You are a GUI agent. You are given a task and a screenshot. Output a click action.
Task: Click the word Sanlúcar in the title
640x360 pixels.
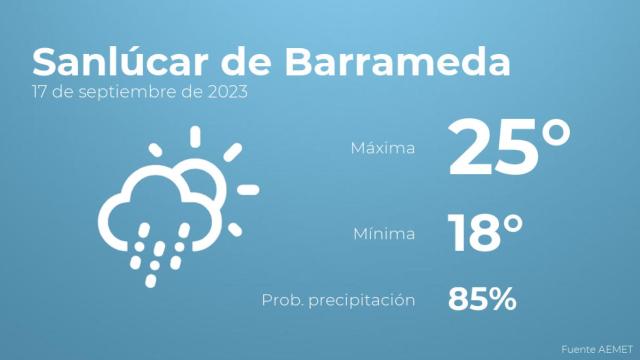tap(114, 61)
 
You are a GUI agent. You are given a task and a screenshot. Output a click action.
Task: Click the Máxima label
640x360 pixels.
tap(383, 148)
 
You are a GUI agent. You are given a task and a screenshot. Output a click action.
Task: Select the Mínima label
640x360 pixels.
tap(384, 235)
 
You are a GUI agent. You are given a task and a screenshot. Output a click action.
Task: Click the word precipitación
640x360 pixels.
tap(365, 300)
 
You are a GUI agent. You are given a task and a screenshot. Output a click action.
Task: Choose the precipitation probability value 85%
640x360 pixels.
tap(482, 298)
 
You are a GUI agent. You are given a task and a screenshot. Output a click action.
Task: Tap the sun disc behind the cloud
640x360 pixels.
tap(200, 183)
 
